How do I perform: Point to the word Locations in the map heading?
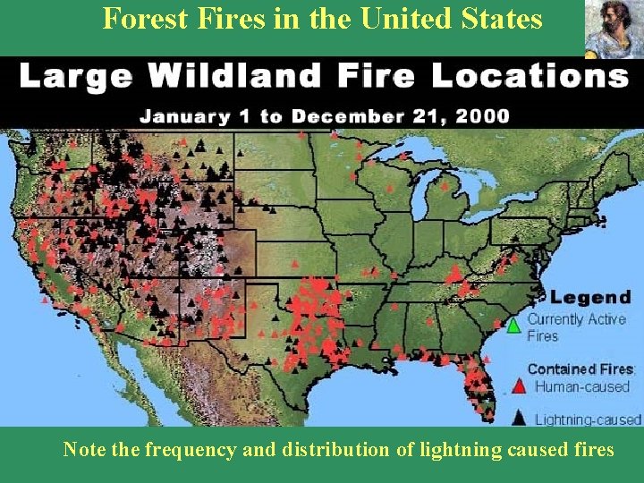point(530,77)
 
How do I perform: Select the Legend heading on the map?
point(589,297)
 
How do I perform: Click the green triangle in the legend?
point(513,326)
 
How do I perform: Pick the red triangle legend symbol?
point(518,386)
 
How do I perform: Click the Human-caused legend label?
point(582,387)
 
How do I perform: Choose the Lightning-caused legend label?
point(588,419)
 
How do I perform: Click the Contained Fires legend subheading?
point(580,369)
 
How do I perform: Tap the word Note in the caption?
point(84,449)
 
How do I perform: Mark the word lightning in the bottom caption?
point(445,449)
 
